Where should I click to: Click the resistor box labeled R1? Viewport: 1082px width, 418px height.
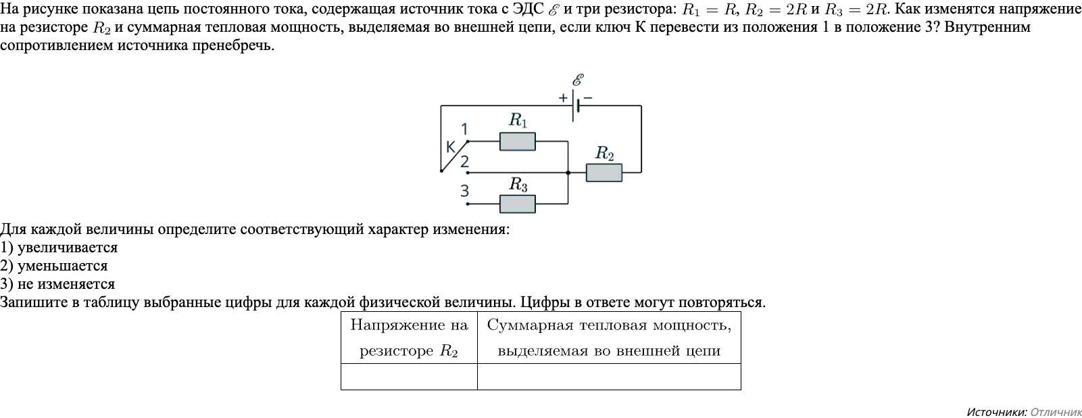coord(517,141)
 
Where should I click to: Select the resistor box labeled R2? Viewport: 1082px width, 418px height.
coord(604,173)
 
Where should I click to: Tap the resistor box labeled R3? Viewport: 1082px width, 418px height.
coord(517,204)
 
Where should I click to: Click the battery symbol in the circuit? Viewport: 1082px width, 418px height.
coord(575,106)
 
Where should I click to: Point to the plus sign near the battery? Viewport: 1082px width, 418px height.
coord(563,97)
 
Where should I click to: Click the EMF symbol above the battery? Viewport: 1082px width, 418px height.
coord(578,80)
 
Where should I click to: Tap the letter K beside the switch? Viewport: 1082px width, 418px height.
coord(451,146)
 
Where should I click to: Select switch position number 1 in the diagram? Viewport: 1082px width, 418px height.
coord(464,129)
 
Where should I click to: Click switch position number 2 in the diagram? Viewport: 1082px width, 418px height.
coord(464,162)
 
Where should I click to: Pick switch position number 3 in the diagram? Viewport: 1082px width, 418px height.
coord(464,191)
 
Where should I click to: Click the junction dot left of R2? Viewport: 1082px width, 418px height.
coord(568,173)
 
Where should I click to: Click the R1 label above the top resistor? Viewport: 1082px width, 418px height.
coord(518,120)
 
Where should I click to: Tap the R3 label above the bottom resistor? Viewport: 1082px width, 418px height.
coord(518,184)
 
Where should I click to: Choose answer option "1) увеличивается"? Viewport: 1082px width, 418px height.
coord(59,248)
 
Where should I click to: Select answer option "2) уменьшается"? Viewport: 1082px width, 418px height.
coord(54,266)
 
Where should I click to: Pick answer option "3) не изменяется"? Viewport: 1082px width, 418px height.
coord(57,284)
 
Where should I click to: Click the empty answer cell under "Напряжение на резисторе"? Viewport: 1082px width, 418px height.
coord(409,376)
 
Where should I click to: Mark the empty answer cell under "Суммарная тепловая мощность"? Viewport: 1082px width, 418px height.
coord(609,376)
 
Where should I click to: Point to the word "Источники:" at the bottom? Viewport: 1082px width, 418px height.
coord(997,412)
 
